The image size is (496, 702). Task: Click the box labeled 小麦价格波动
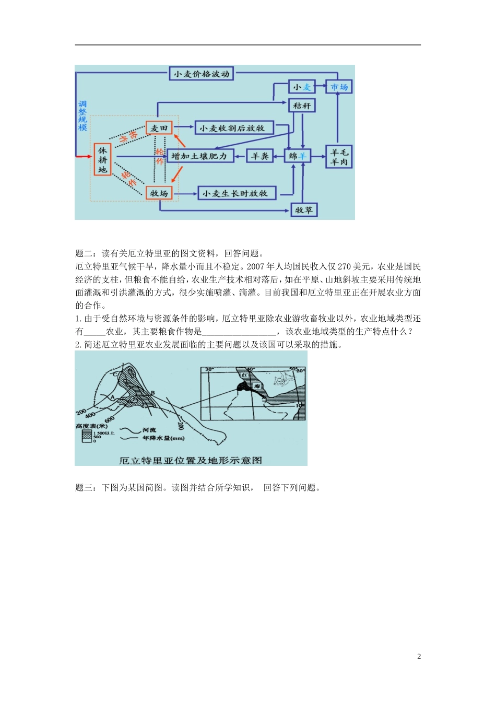pos(201,74)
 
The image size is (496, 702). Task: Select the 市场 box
pos(339,87)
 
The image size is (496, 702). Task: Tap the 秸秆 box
pos(302,106)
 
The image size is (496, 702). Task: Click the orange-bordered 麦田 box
pos(159,128)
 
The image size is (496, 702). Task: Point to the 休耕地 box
pos(102,159)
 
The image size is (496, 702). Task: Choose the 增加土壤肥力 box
pos(199,156)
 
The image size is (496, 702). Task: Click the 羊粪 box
pos(259,156)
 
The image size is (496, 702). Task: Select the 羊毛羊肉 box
pos(339,157)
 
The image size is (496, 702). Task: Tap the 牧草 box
pos(303,210)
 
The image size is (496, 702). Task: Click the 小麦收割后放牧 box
pos(233,128)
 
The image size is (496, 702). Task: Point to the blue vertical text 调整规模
pos(82,115)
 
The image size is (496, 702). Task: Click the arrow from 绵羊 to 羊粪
pos(279,156)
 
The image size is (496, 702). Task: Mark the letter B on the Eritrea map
pos(152,393)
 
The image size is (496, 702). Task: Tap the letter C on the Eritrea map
pos(115,374)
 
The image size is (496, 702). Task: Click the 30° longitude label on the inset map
pos(209,370)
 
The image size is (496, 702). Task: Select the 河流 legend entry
pos(149,430)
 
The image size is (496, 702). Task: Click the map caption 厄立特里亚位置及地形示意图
pos(191,460)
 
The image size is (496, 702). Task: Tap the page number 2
pos(419,657)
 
